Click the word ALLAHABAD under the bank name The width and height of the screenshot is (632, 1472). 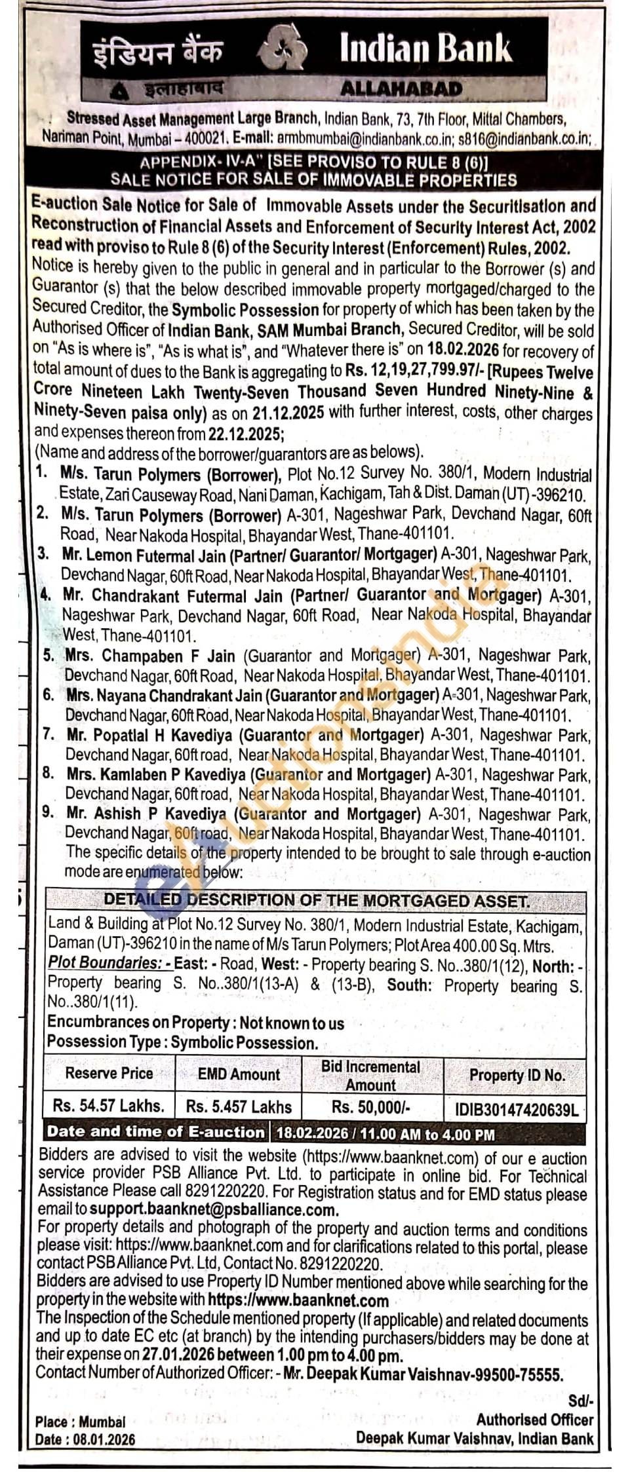(x=402, y=88)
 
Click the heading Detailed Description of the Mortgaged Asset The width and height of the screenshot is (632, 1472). (x=315, y=901)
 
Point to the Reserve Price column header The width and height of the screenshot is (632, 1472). (x=109, y=1073)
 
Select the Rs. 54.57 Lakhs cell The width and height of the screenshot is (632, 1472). (x=109, y=1106)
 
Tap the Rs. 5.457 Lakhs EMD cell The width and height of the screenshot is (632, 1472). (x=239, y=1106)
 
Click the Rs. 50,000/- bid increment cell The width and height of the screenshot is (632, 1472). (x=371, y=1106)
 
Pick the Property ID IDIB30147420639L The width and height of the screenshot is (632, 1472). (x=516, y=1109)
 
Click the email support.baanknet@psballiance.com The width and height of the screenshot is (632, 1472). (x=214, y=1210)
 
